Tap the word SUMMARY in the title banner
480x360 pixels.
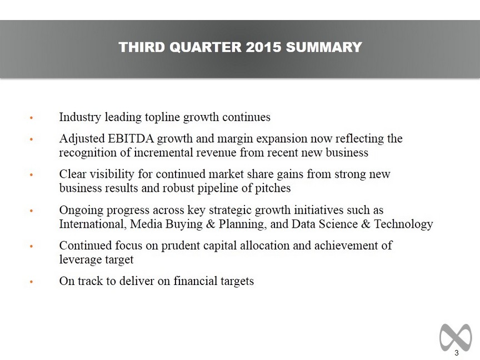coord(324,47)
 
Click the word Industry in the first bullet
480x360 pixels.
coord(80,117)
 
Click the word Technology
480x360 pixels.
coord(403,224)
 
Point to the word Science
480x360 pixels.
coord(338,224)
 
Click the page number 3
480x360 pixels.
coord(457,353)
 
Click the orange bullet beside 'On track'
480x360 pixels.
coord(31,282)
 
